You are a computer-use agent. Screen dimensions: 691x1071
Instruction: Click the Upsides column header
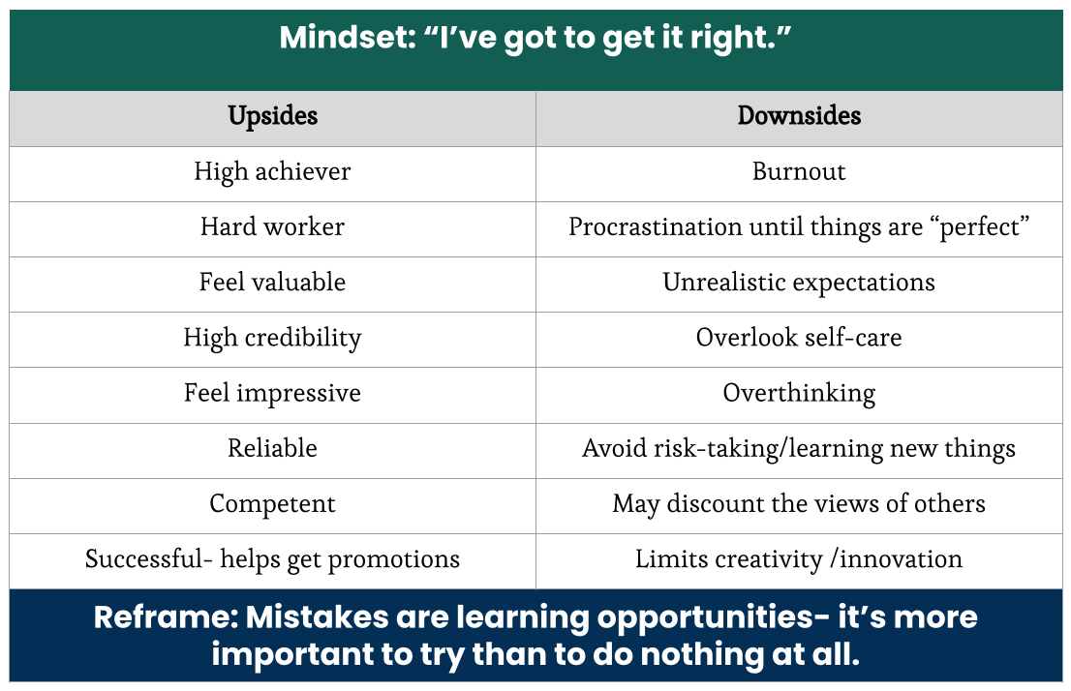click(x=272, y=116)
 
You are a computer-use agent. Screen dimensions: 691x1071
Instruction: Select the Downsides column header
click(x=799, y=116)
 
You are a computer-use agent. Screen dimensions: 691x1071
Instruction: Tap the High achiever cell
click(x=272, y=172)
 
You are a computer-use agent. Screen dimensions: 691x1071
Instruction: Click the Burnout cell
click(x=799, y=172)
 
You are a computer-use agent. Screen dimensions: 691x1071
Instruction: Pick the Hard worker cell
click(x=272, y=227)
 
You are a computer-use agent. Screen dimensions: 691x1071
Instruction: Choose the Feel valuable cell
click(x=272, y=283)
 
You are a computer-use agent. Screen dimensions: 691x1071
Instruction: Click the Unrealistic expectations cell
click(x=799, y=283)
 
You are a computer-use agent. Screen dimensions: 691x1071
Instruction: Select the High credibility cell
click(x=272, y=338)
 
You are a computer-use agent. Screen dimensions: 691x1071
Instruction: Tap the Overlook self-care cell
click(x=799, y=338)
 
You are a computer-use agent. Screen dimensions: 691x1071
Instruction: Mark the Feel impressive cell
click(x=272, y=394)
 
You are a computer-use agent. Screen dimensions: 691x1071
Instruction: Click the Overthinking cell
click(x=799, y=394)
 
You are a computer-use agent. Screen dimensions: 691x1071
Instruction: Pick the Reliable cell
click(x=272, y=449)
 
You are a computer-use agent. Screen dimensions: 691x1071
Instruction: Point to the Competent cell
click(x=272, y=504)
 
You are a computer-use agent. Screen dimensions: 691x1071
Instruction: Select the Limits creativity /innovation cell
click(x=799, y=559)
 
